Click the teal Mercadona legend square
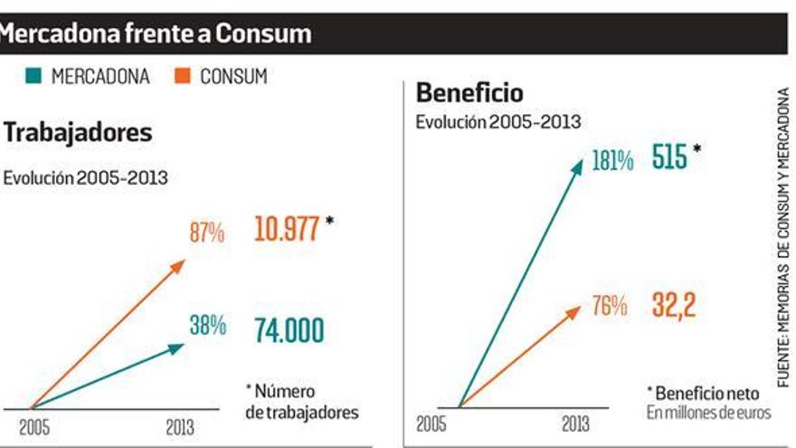[30, 77]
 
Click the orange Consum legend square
[180, 77]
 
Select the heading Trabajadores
[78, 133]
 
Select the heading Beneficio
[469, 93]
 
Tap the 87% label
[207, 234]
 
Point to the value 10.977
[287, 229]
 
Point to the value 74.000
[289, 330]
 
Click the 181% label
[613, 162]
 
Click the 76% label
[609, 307]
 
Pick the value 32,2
[674, 307]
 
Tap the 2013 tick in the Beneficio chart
[575, 424]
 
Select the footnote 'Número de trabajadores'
[301, 402]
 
